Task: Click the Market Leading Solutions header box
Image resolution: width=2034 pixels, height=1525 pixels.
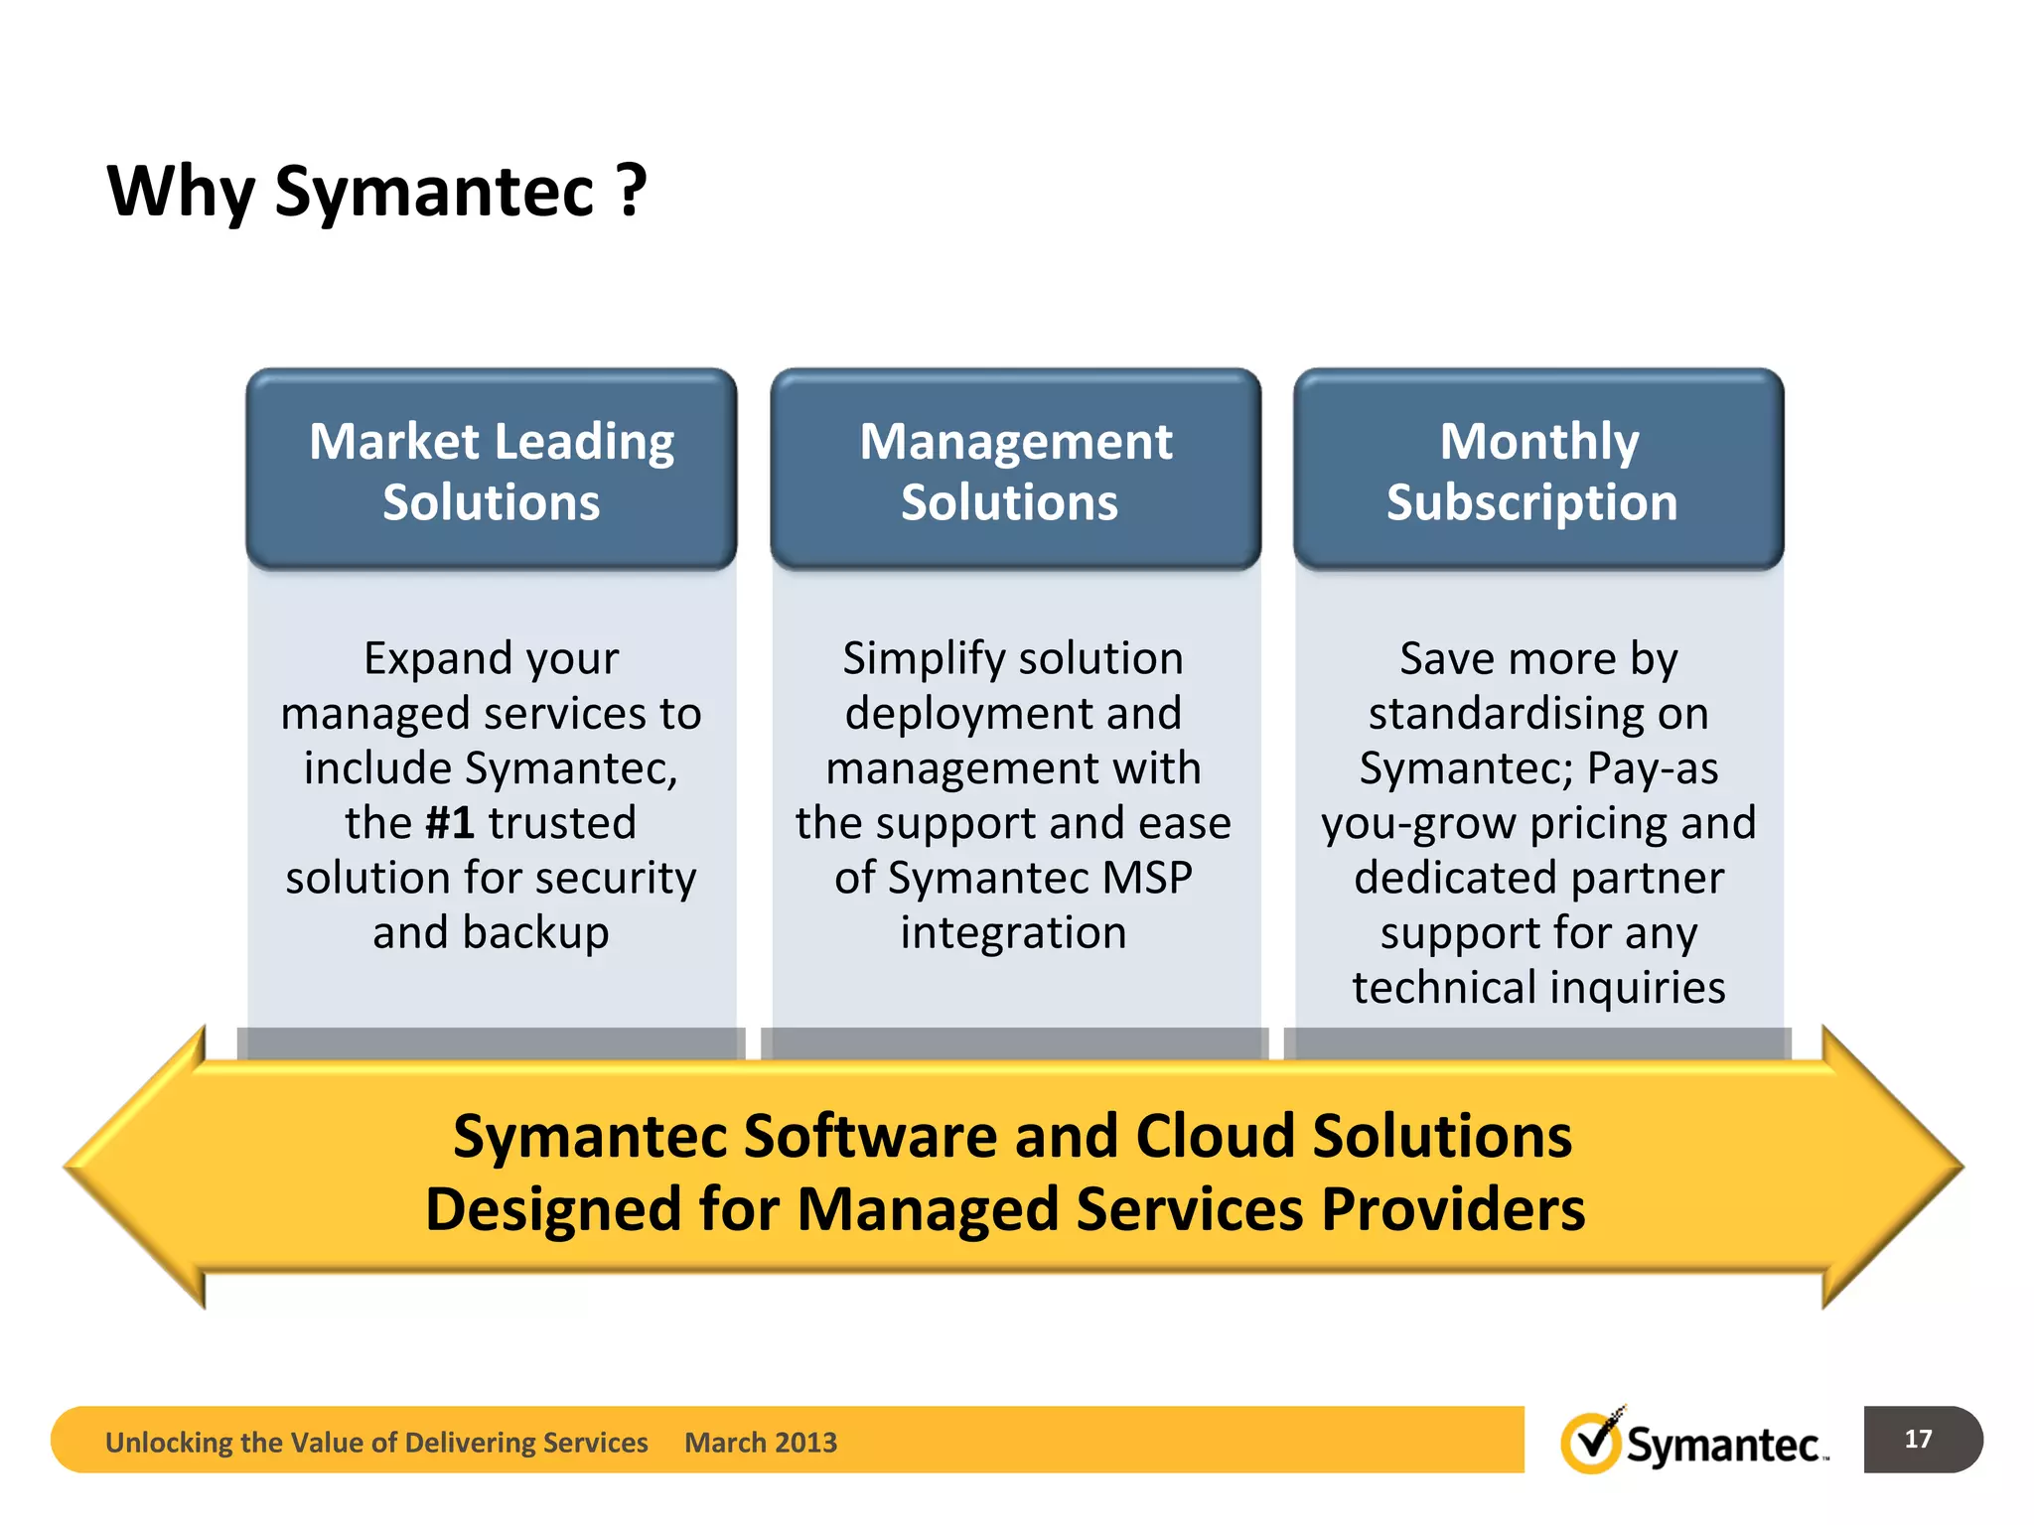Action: point(491,470)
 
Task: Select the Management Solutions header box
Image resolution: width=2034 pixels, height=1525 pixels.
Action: point(1015,470)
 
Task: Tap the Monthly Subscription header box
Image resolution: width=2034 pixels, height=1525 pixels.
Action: point(1537,470)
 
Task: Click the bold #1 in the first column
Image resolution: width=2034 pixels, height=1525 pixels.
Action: point(449,823)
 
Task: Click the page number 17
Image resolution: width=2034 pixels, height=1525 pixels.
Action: point(1918,1439)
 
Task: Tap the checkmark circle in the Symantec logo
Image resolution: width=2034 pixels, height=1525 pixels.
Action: point(1590,1443)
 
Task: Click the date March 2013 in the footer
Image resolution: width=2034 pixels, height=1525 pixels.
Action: point(760,1442)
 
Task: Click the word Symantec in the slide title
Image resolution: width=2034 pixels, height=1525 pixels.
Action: point(434,191)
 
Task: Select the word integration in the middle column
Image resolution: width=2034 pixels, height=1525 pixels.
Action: point(1013,933)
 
